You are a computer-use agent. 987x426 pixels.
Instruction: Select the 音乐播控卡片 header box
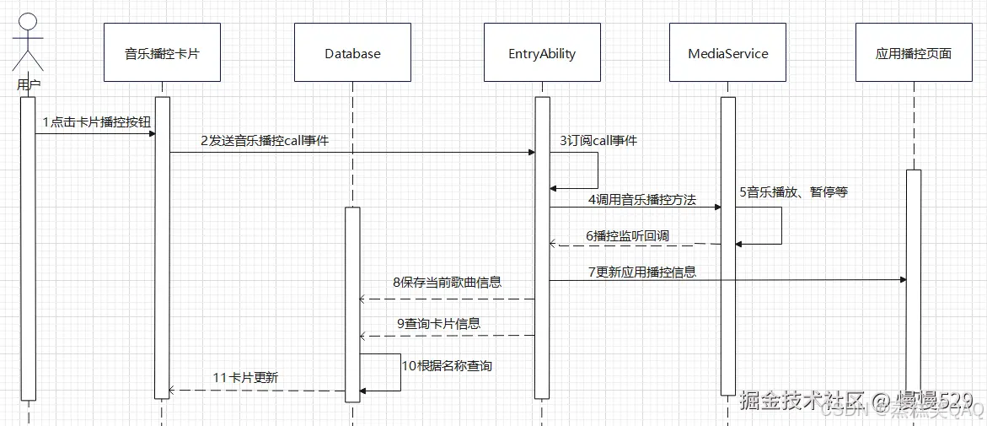point(162,53)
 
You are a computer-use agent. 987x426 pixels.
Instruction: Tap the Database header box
point(352,53)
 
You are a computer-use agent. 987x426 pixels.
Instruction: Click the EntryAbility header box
point(542,53)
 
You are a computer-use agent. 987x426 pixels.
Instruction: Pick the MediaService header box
point(728,53)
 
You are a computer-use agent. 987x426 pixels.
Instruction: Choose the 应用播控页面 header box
point(913,53)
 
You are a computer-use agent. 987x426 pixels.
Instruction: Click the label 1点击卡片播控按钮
point(97,122)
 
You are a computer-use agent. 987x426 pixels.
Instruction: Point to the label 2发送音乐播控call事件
point(264,142)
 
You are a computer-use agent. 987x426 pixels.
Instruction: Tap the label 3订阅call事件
point(598,141)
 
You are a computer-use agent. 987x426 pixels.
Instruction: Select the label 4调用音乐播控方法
point(642,200)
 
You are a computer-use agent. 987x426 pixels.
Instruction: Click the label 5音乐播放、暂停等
point(793,192)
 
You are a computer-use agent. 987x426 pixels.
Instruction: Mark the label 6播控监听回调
point(627,236)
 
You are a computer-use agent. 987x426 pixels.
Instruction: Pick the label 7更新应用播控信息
point(642,272)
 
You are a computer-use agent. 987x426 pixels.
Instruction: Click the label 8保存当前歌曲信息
point(447,283)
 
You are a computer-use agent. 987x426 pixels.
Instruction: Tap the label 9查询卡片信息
point(438,323)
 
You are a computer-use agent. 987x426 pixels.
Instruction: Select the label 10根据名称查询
point(447,366)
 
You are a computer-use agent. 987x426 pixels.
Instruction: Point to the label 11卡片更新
point(245,378)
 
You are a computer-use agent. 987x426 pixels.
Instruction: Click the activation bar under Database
point(352,304)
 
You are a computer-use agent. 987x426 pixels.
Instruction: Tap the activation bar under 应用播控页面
point(913,287)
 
